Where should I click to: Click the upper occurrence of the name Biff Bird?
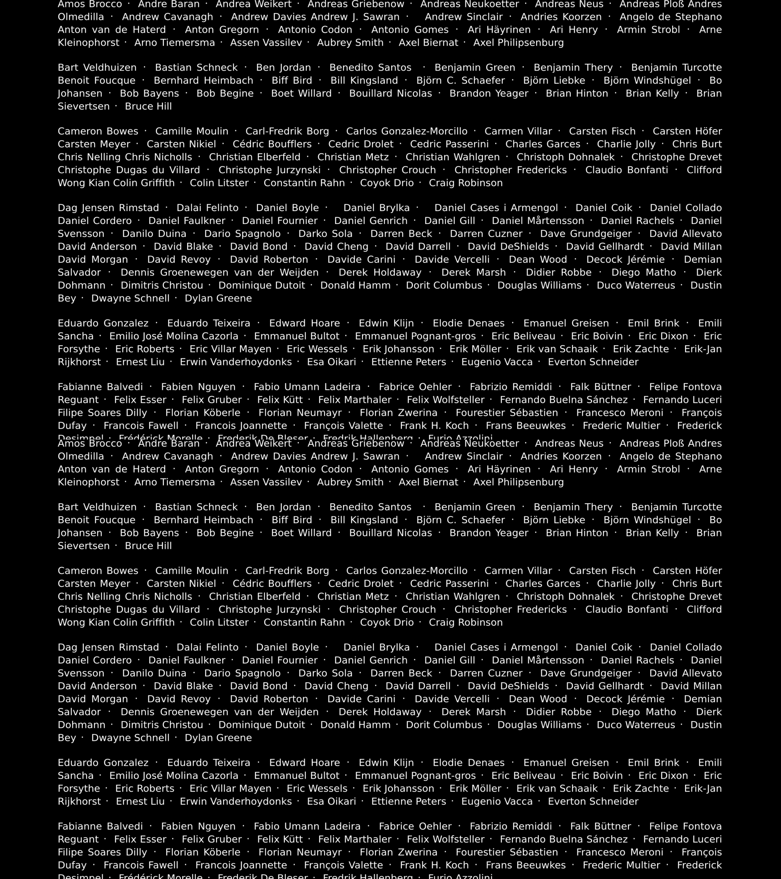(292, 80)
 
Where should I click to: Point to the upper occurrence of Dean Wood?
(538, 259)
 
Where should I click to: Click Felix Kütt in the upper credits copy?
(280, 399)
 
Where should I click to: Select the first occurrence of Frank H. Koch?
(434, 425)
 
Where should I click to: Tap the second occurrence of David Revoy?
(179, 699)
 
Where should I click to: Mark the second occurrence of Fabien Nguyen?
(198, 826)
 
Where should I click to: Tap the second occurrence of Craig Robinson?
(465, 622)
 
